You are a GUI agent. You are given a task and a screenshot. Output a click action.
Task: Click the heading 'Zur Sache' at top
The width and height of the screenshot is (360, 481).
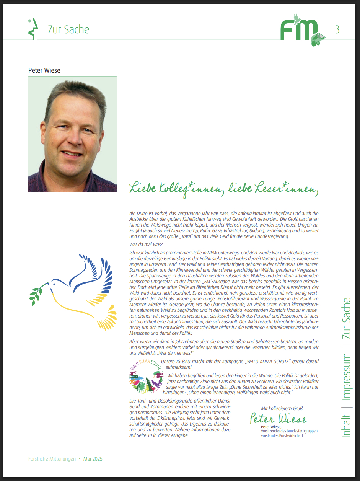[68, 29]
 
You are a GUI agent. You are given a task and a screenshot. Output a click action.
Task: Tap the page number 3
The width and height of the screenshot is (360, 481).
[337, 29]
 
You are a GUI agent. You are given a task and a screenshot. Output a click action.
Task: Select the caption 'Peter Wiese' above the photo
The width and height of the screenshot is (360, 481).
[44, 70]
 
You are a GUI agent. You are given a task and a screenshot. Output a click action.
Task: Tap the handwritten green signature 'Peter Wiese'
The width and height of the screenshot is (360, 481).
[278, 419]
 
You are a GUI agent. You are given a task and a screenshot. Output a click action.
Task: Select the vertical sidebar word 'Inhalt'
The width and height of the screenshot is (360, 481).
[346, 426]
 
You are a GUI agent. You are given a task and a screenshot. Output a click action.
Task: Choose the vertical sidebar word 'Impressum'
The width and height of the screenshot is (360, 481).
[346, 377]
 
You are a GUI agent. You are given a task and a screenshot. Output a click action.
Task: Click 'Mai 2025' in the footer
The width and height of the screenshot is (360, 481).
[93, 459]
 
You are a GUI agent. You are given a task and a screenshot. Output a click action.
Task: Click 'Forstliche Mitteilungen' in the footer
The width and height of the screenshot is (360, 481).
[52, 459]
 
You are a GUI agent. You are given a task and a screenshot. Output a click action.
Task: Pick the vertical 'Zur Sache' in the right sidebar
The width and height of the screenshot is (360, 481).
[346, 318]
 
